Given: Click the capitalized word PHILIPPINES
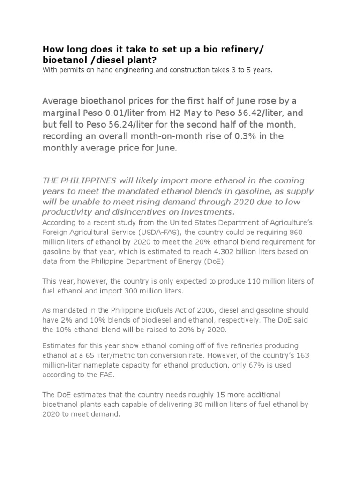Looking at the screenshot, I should (87, 180).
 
